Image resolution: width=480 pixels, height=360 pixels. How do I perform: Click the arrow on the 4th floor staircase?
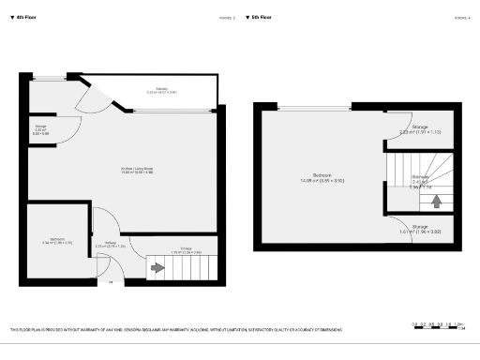(157, 269)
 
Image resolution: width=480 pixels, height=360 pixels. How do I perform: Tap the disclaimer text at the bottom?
(175, 330)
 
